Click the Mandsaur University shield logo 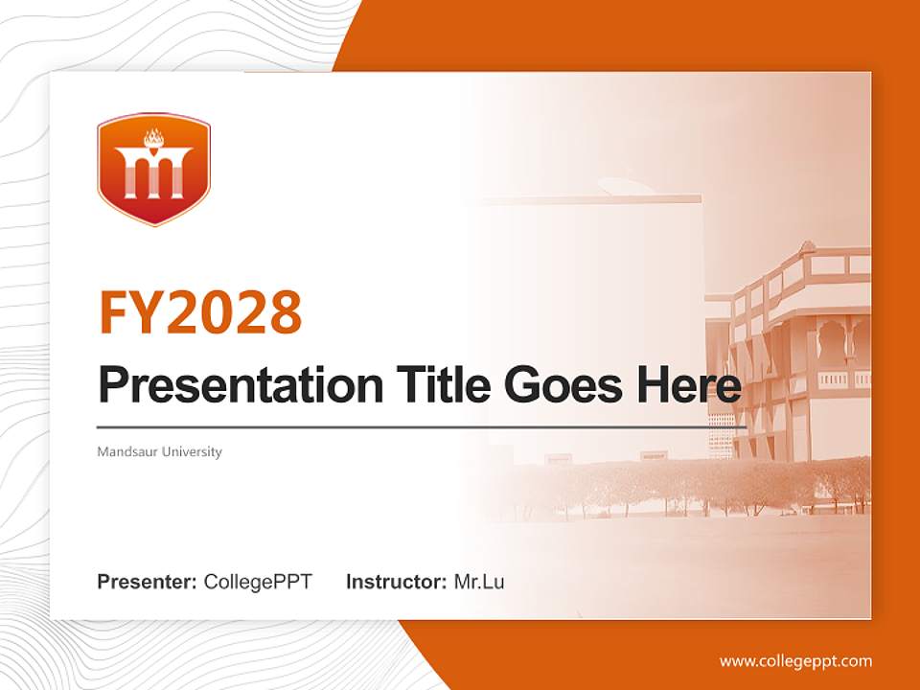(x=153, y=170)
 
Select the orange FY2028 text (x=200, y=311)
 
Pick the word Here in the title (x=688, y=385)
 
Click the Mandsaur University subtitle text (x=159, y=451)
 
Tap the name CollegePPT (x=258, y=582)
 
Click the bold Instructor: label (x=396, y=582)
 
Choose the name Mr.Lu (x=479, y=582)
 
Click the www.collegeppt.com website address (x=795, y=661)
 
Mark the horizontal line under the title (x=422, y=427)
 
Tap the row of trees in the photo (x=690, y=484)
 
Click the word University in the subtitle (x=192, y=451)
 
